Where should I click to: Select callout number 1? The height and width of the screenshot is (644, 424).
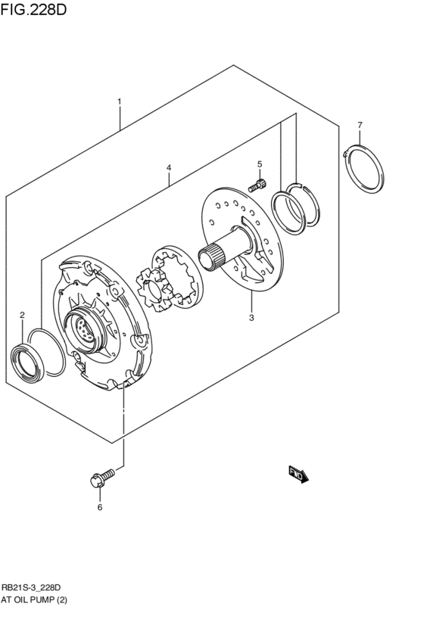(x=119, y=101)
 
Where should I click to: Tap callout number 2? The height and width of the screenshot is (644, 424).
(x=22, y=315)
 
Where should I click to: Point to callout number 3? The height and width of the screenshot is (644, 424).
(x=251, y=318)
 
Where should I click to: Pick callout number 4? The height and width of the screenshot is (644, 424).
(x=169, y=167)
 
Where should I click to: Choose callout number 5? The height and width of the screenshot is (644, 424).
(x=259, y=164)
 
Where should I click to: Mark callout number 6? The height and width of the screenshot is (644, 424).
(x=98, y=507)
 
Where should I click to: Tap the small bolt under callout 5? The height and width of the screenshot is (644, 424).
(x=258, y=184)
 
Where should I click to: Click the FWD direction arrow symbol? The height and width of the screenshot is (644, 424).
(x=298, y=474)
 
